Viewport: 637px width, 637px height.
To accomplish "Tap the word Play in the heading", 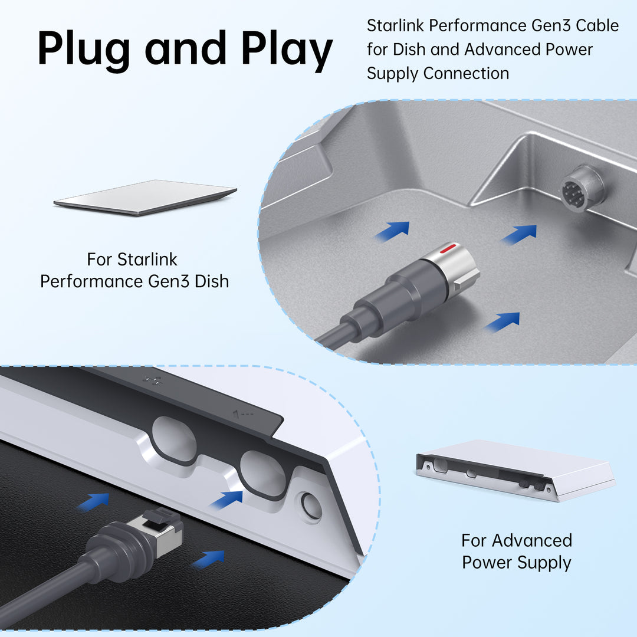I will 287,48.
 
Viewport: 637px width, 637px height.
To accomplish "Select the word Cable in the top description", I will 596,26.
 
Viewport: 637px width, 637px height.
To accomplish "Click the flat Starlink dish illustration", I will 145,197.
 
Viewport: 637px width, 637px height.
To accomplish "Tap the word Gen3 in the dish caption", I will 167,281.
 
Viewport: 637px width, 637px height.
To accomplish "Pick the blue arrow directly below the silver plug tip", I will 502,321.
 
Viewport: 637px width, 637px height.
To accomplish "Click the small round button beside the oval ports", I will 311,506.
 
